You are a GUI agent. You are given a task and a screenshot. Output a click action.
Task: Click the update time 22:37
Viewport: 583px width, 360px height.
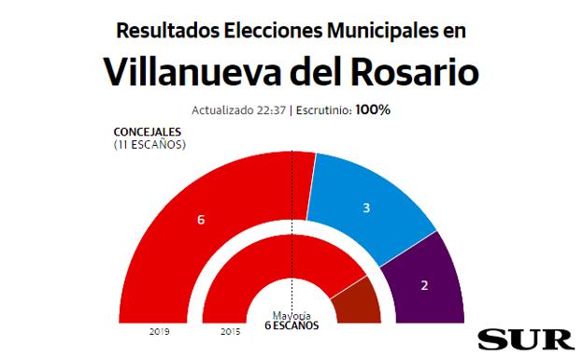tap(271, 110)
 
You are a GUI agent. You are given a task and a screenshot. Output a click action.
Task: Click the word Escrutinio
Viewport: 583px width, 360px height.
tap(322, 110)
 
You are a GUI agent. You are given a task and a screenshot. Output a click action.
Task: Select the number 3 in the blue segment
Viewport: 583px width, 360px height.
tap(366, 208)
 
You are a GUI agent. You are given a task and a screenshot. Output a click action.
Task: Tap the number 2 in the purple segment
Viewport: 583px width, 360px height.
tap(425, 284)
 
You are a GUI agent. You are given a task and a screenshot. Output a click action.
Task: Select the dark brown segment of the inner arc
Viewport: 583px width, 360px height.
tap(360, 304)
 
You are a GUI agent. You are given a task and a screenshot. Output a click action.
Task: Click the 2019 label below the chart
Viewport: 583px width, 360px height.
tap(159, 330)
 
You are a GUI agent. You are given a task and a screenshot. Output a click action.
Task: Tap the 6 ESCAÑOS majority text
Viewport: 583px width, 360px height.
tap(291, 326)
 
